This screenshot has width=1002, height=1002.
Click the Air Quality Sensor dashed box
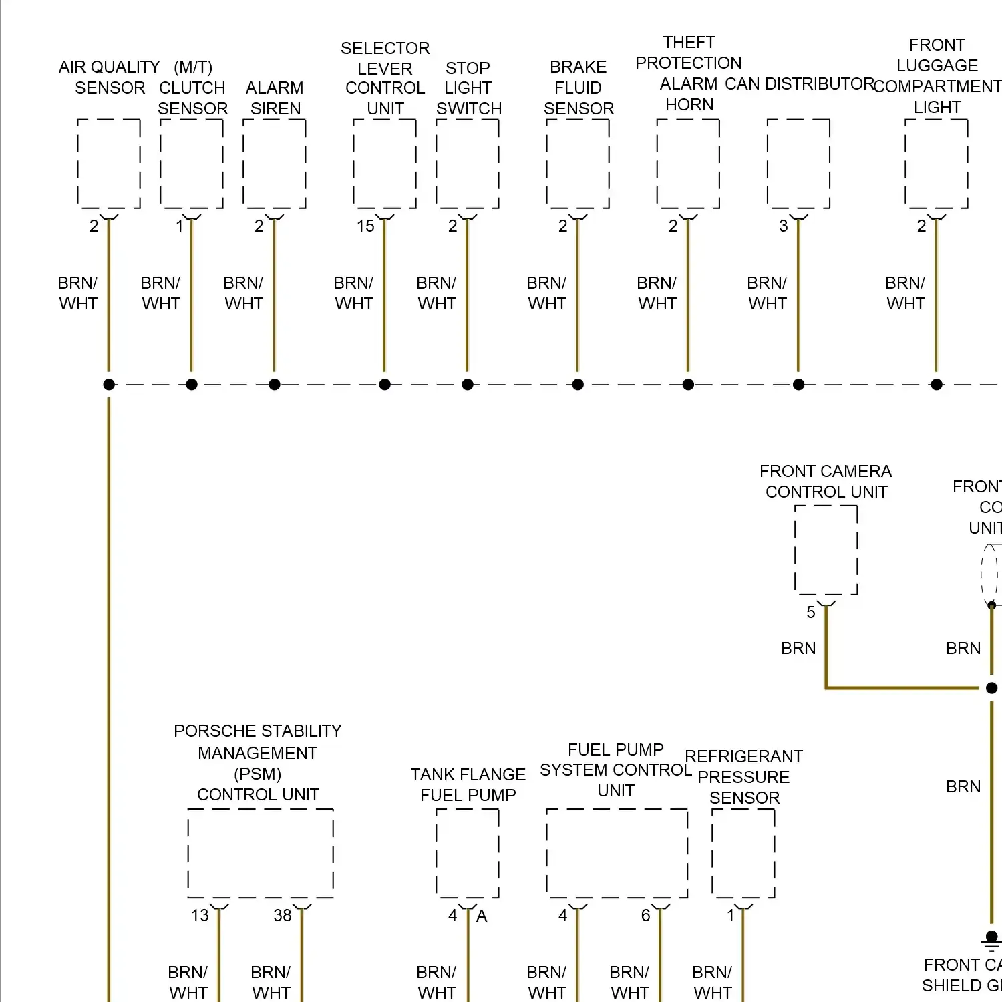(109, 164)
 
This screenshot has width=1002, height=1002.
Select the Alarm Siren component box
(275, 164)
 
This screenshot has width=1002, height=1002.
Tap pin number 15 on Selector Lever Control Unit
(365, 226)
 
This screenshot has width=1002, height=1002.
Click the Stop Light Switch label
(468, 88)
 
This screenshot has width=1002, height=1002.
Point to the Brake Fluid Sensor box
(578, 164)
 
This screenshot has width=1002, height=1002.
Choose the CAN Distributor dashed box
(798, 164)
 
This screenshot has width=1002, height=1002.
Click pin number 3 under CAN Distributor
(784, 226)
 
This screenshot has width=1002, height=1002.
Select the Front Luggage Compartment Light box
(937, 164)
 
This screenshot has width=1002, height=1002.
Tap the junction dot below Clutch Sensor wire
(192, 385)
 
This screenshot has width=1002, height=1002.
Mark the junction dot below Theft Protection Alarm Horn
(688, 385)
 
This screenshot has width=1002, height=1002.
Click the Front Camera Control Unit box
(826, 550)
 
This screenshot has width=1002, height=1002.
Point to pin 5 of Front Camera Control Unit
(811, 612)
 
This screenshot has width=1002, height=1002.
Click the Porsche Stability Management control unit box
(261, 853)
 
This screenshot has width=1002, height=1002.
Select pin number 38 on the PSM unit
(283, 915)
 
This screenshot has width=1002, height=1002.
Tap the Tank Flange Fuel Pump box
(468, 853)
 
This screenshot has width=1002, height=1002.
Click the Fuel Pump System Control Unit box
(617, 853)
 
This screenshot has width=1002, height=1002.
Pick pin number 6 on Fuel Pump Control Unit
(646, 915)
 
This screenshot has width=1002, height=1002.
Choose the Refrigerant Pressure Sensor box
(743, 853)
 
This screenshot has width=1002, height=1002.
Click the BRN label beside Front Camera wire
(798, 648)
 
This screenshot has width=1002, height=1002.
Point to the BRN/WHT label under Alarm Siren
(244, 293)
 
